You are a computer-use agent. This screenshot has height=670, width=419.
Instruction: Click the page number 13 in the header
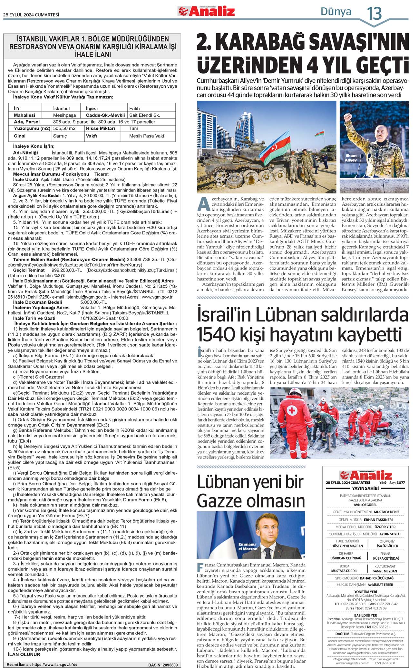pyautogui.click(x=375, y=14)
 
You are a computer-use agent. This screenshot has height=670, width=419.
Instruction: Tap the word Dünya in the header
pyautogui.click(x=336, y=12)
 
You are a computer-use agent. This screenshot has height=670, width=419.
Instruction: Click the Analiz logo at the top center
pyautogui.click(x=206, y=11)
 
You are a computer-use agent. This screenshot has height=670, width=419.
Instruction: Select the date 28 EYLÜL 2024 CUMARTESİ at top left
pyautogui.click(x=31, y=15)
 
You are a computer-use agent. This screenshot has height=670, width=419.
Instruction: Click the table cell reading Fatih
pyautogui.click(x=134, y=109)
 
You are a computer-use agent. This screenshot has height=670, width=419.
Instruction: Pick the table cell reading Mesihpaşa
pyautogui.click(x=64, y=115)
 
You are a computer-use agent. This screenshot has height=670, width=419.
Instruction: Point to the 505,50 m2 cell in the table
pyautogui.click(x=64, y=129)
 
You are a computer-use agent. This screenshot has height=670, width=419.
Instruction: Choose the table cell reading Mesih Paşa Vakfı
pyautogui.click(x=147, y=136)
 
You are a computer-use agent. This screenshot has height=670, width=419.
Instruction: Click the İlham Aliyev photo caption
pyautogui.click(x=351, y=158)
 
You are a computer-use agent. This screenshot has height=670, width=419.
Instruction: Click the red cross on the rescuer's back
pyautogui.click(x=292, y=410)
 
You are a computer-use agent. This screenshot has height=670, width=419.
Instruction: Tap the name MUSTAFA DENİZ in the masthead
pyautogui.click(x=386, y=512)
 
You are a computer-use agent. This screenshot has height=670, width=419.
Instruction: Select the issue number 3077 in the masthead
pyautogui.click(x=401, y=483)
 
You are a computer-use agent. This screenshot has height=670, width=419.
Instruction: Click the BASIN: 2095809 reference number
pyautogui.click(x=163, y=665)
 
